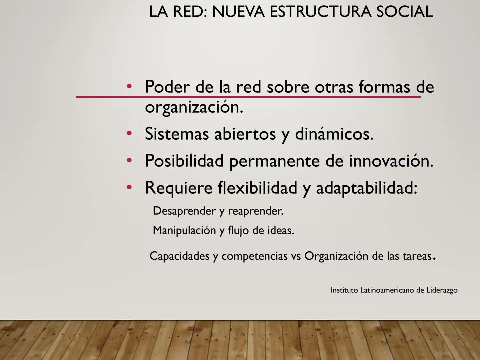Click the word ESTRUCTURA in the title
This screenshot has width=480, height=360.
tap(320, 12)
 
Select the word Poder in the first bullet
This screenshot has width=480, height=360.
tap(167, 87)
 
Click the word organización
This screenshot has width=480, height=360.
tap(194, 107)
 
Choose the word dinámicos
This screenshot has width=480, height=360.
tap(334, 134)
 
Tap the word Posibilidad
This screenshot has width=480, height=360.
tap(184, 161)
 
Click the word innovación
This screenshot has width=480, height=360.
tap(391, 161)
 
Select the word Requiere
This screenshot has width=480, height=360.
tap(179, 188)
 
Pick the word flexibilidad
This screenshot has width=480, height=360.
tap(257, 188)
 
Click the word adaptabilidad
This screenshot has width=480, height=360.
tap(366, 188)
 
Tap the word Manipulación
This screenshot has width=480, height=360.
tap(184, 230)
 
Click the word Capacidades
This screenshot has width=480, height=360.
tap(179, 256)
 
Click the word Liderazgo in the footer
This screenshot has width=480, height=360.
tap(442, 290)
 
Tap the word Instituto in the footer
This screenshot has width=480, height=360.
tap(344, 290)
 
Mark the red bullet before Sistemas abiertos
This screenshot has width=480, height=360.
tap(129, 134)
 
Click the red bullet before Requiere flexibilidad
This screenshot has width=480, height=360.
tap(129, 187)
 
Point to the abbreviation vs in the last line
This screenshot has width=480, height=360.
tap(296, 256)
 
